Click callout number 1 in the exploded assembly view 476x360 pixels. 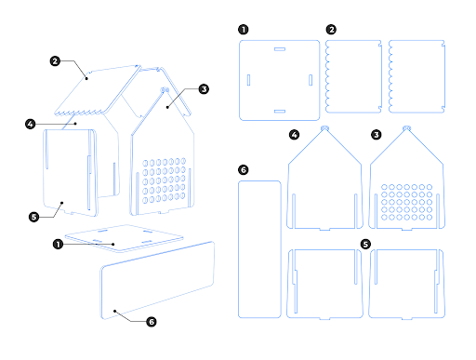[59, 245]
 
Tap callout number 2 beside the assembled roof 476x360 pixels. [57, 61]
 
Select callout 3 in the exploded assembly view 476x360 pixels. [204, 89]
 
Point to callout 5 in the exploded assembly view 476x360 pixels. [34, 217]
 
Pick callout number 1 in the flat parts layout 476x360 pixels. [244, 29]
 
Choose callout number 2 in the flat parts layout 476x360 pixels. [332, 29]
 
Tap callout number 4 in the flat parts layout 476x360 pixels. [295, 135]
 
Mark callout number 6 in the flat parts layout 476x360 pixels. [244, 170]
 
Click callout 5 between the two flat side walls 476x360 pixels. [365, 245]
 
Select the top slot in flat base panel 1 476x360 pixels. [279, 47]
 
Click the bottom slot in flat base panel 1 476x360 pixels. [279, 110]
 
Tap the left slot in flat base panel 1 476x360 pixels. [248, 79]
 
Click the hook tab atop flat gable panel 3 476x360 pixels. [406, 126]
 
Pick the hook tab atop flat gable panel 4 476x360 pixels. [324, 126]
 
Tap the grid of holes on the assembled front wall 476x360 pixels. [165, 178]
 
